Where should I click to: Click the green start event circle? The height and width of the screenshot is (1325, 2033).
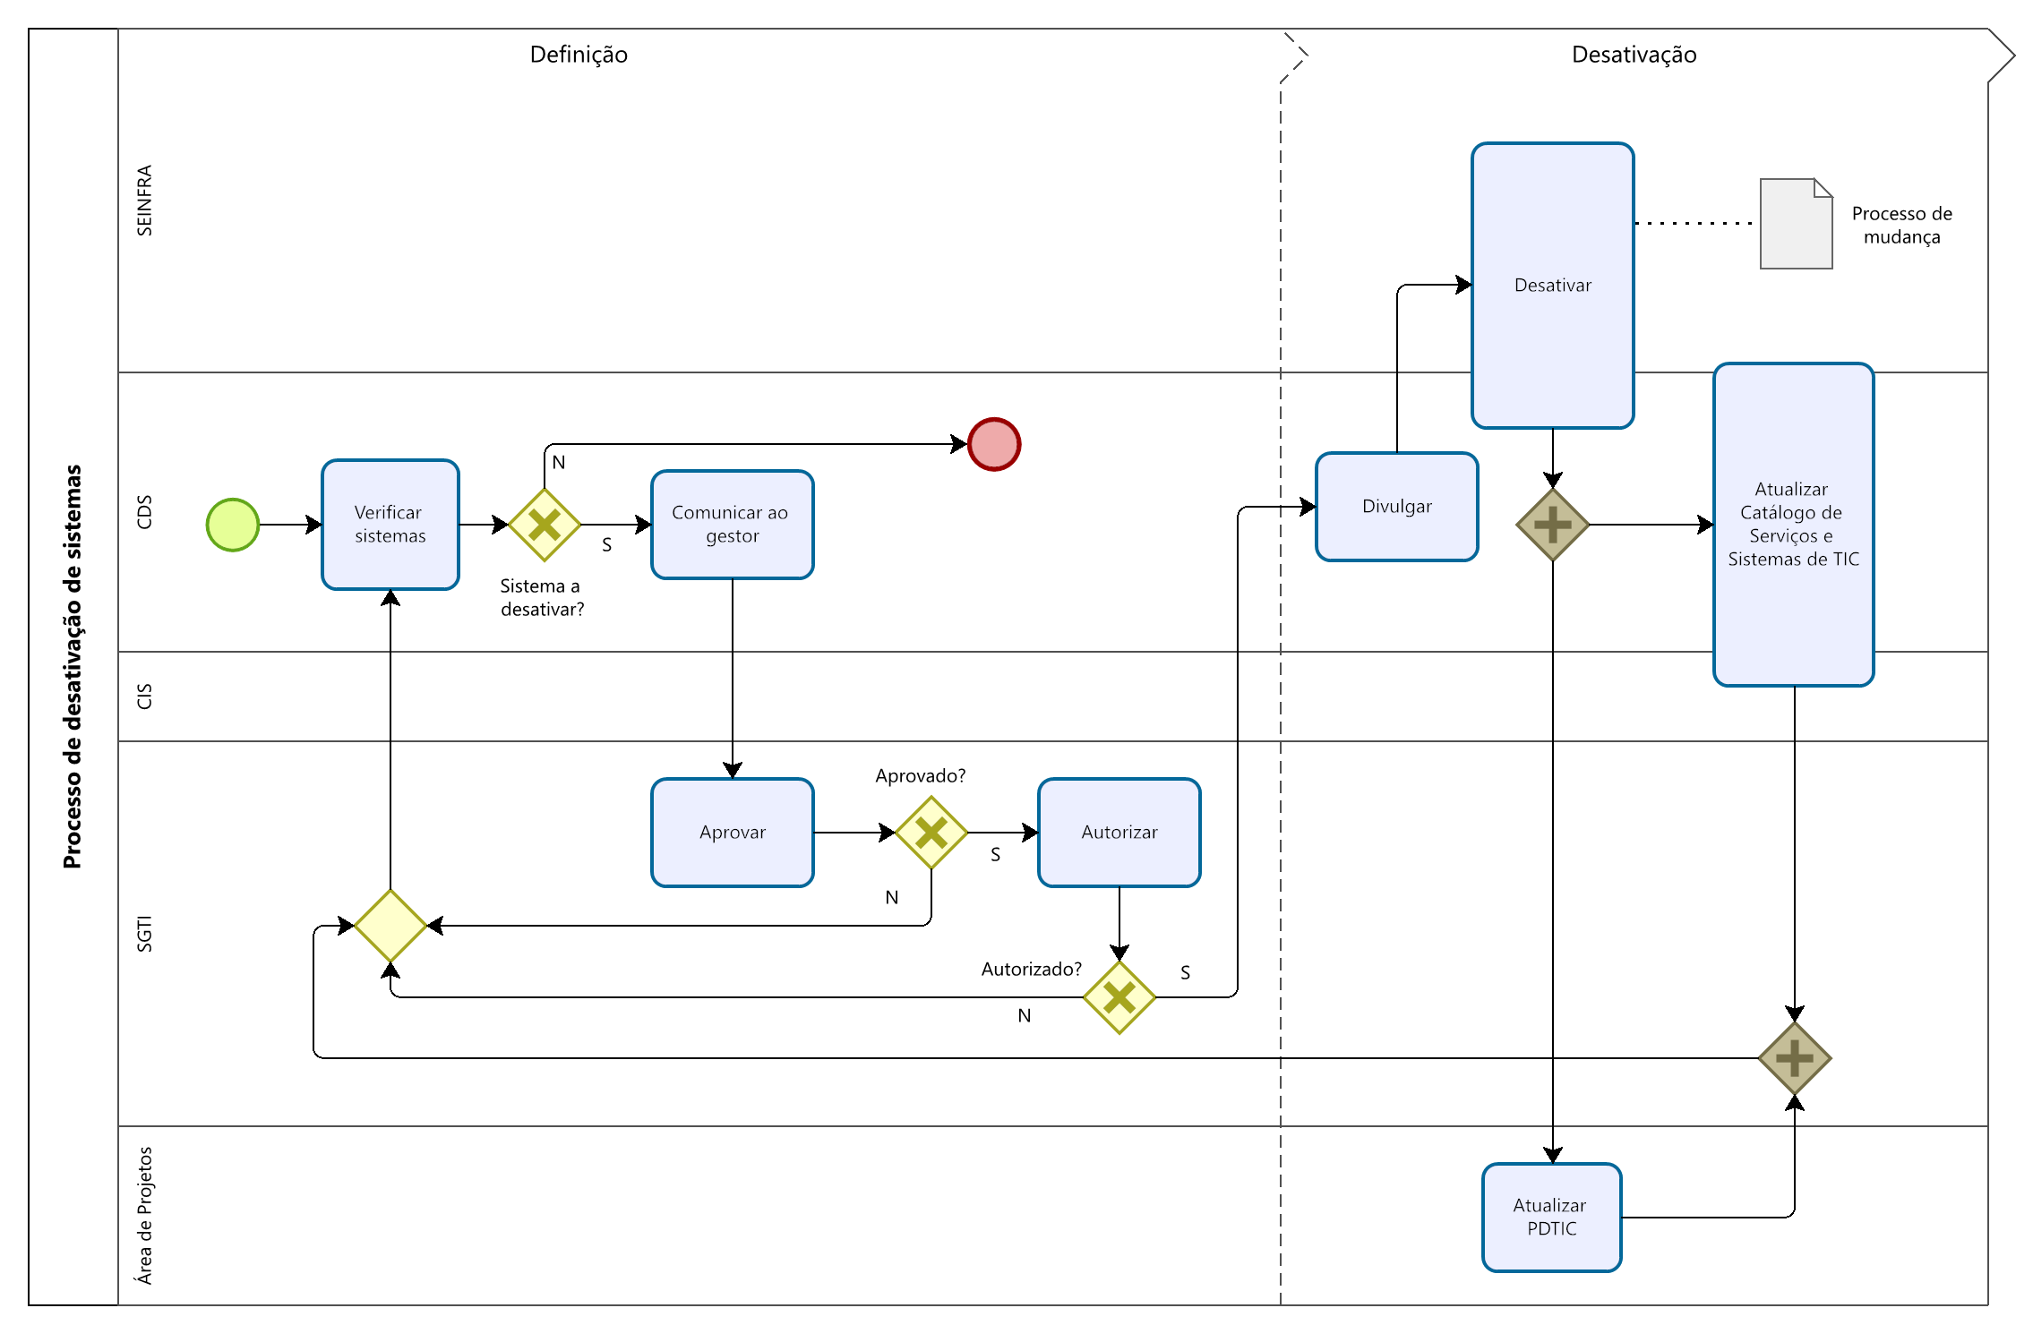pos(233,525)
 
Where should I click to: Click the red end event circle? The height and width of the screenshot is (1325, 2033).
pos(994,444)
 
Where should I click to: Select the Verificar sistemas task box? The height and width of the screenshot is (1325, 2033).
pos(390,525)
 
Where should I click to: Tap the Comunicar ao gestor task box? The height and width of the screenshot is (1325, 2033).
pos(733,525)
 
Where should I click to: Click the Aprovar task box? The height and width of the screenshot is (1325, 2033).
pos(733,833)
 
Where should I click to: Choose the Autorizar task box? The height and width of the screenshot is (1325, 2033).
pos(1119,833)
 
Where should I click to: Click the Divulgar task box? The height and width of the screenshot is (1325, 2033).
pos(1397,507)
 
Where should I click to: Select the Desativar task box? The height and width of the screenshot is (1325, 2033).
pos(1553,286)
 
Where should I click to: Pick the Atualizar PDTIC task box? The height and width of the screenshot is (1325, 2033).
pos(1552,1218)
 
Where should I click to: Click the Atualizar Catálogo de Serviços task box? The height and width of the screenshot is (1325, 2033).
pos(1794,525)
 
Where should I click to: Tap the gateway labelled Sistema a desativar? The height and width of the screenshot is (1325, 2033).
pos(545,525)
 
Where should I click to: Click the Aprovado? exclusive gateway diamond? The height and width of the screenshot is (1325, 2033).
pos(931,833)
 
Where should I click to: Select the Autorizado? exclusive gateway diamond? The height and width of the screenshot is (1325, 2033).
pos(1119,997)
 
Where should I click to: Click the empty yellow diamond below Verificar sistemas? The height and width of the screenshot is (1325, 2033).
pos(390,926)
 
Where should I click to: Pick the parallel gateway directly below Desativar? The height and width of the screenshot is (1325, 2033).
pos(1553,525)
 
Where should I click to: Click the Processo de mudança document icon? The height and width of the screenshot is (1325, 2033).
pos(1796,224)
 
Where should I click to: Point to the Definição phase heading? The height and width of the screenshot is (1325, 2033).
pos(579,55)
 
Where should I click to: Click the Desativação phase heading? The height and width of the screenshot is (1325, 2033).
pos(1634,55)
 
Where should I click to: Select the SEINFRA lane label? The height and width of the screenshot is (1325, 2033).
pos(144,201)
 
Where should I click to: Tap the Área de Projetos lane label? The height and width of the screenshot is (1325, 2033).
pos(144,1215)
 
